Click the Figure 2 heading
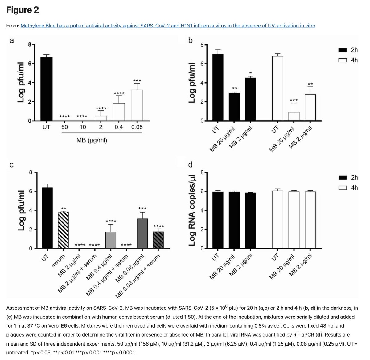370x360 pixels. click(23, 10)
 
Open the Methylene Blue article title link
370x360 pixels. click(168, 26)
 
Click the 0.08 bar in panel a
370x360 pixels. click(137, 105)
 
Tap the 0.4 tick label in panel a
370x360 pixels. click(119, 127)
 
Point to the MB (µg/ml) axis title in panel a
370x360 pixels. click(92, 140)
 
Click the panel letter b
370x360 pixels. click(190, 40)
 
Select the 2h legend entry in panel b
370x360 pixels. click(348, 50)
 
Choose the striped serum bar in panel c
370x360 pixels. click(63, 230)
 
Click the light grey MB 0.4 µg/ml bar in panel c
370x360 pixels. click(111, 240)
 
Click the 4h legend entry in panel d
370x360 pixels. click(348, 188)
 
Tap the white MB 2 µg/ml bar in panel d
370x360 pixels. click(310, 220)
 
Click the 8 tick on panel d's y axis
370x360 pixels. click(202, 172)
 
